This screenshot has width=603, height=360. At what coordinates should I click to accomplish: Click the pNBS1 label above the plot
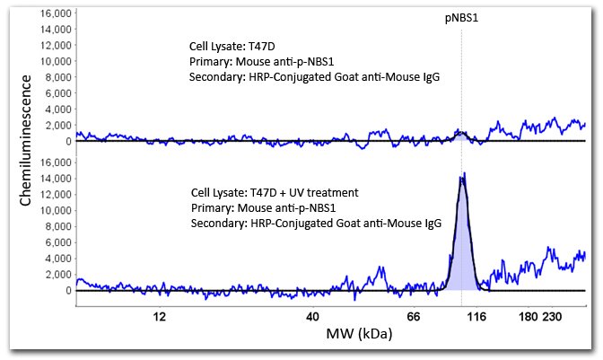(x=461, y=19)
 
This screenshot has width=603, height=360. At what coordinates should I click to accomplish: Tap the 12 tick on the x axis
(x=160, y=317)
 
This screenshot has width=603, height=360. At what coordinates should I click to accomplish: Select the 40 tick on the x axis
(x=312, y=317)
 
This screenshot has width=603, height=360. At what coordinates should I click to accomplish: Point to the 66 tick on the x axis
(x=414, y=317)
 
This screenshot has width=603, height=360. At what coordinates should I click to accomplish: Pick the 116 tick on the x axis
(x=476, y=317)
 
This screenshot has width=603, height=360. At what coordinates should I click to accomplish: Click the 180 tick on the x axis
(x=529, y=317)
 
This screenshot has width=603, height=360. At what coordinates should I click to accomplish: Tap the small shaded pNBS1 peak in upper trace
(x=460, y=135)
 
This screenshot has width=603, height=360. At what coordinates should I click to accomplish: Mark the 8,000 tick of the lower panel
(x=54, y=227)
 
